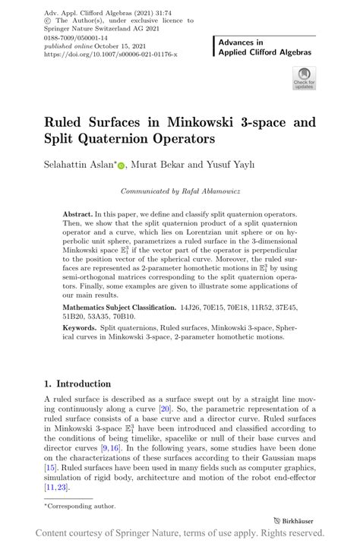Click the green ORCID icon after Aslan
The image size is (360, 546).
tap(122, 165)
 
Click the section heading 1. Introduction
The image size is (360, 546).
tap(77, 383)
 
